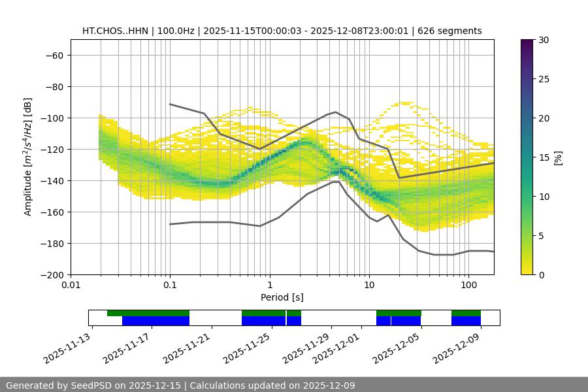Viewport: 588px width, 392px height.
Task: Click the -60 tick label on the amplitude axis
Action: [54, 55]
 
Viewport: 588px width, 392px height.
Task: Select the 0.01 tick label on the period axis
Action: [71, 285]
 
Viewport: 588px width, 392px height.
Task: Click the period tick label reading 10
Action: [369, 285]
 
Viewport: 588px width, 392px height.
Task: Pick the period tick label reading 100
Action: [468, 285]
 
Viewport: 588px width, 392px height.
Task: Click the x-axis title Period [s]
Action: [282, 297]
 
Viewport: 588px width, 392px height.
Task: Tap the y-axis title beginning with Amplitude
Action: [28, 157]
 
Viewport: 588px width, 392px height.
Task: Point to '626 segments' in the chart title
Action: [451, 31]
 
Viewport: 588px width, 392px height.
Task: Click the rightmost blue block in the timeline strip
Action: [466, 321]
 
